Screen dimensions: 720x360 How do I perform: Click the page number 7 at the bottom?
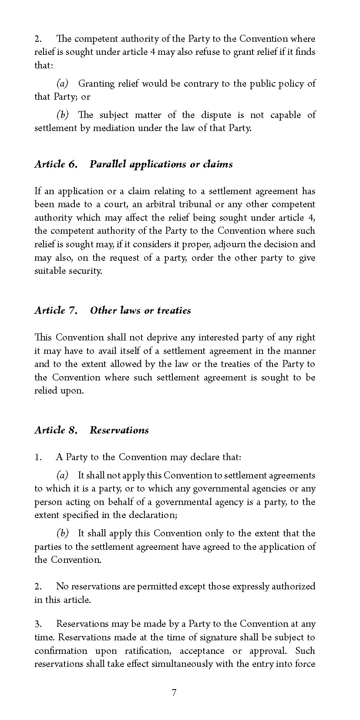click(x=174, y=693)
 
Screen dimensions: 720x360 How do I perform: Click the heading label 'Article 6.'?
click(x=56, y=164)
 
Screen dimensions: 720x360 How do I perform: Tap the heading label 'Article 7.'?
click(x=56, y=310)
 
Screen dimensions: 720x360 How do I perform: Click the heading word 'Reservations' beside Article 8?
click(x=119, y=430)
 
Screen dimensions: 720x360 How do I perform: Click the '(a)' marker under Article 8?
click(x=63, y=475)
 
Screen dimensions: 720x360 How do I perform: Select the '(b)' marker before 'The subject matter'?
click(x=63, y=115)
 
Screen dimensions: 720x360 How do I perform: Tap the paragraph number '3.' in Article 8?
click(x=38, y=624)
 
